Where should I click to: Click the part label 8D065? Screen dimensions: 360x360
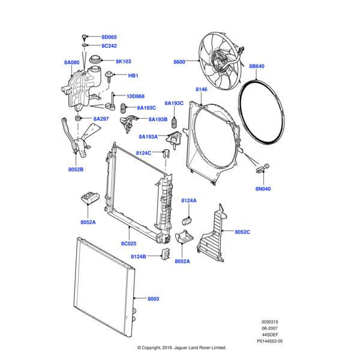tap(109, 37)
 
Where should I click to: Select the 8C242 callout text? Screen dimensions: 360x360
tap(109, 46)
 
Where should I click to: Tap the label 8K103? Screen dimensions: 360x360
tap(123, 61)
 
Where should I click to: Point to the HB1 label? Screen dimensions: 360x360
tap(133, 76)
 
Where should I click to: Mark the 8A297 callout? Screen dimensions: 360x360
tap(101, 119)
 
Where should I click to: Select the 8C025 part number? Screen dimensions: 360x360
tap(130, 244)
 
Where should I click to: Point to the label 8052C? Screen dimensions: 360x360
tap(242, 232)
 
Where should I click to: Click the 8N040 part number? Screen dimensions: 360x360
tap(263, 189)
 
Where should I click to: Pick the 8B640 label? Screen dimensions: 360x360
tap(257, 67)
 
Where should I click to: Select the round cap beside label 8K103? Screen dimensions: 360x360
tap(95, 61)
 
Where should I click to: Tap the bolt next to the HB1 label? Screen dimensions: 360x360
tap(110, 76)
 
